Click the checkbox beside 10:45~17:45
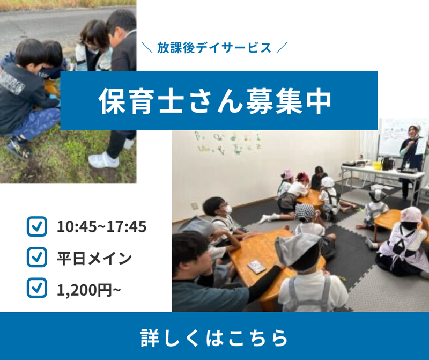(x=37, y=226)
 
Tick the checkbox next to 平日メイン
(x=37, y=257)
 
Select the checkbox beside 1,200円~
(x=37, y=288)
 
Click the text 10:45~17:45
(x=101, y=227)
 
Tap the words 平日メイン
(x=94, y=258)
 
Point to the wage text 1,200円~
(x=88, y=290)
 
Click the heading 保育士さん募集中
(x=215, y=101)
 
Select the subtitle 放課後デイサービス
(x=214, y=48)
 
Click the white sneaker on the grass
(x=103, y=160)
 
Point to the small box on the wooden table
(x=257, y=266)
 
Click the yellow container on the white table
(x=377, y=165)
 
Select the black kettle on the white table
(x=387, y=163)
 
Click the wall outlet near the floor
(x=195, y=205)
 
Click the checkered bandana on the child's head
(x=305, y=212)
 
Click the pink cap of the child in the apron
(x=411, y=214)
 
